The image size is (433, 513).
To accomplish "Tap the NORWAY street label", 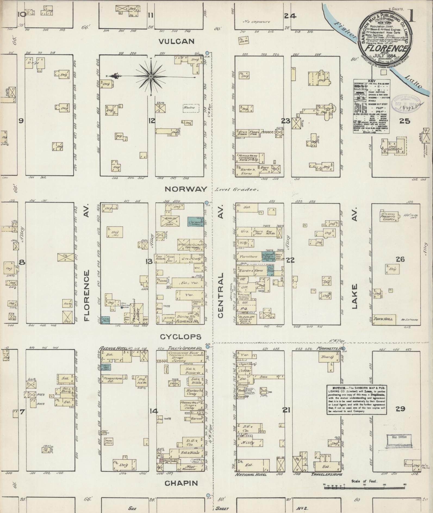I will pyautogui.click(x=186, y=189).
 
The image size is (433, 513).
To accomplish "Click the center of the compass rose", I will pyautogui.click(x=150, y=76).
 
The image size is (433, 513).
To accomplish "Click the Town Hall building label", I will pyautogui.click(x=383, y=319).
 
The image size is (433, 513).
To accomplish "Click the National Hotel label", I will pyautogui.click(x=251, y=475).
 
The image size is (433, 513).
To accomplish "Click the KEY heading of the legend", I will pyautogui.click(x=371, y=81).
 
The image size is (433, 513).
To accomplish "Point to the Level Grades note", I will pyautogui.click(x=236, y=190).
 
